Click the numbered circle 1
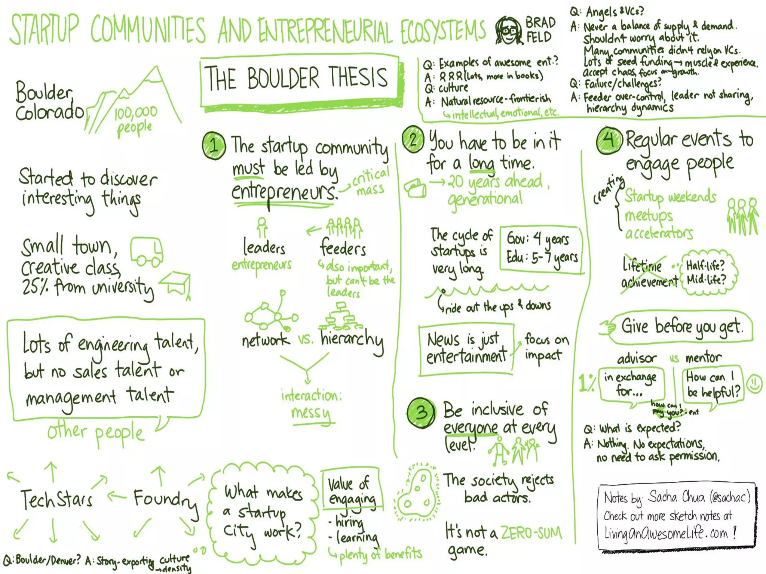click(x=214, y=145)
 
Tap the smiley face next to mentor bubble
click(x=754, y=384)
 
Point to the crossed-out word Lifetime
click(x=642, y=266)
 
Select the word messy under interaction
click(x=311, y=413)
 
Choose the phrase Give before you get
click(x=681, y=327)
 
